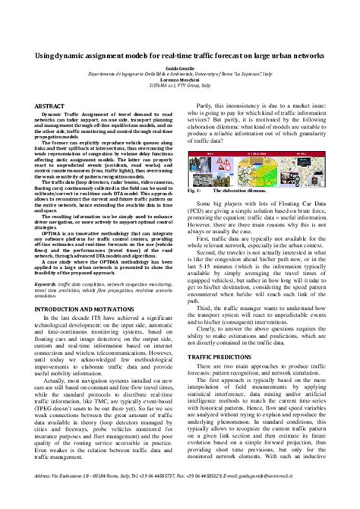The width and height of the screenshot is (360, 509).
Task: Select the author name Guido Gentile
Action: pyautogui.click(x=180, y=71)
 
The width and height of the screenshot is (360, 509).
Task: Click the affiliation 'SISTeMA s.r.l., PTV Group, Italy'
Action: pyautogui.click(x=180, y=88)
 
